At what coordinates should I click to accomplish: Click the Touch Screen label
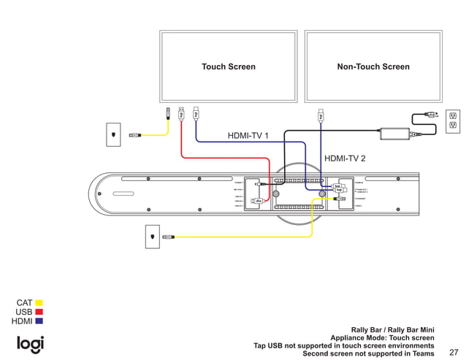click(229, 66)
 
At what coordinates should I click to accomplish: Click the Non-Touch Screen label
click(373, 66)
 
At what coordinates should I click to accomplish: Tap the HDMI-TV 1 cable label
click(248, 136)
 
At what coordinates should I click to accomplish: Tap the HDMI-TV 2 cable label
click(345, 158)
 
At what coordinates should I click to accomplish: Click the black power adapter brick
click(395, 134)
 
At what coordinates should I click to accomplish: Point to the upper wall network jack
click(114, 134)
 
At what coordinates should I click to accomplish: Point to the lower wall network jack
click(152, 237)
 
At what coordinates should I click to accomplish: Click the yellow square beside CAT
click(39, 302)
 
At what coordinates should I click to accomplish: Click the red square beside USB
click(39, 312)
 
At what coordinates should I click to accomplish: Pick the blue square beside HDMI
click(39, 321)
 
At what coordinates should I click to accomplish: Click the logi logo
click(30, 343)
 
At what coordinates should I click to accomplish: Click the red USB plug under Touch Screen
click(182, 113)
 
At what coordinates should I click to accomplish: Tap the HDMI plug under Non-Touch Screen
click(320, 115)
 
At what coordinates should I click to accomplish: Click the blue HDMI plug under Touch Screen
click(196, 113)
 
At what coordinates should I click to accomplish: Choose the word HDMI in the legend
click(22, 321)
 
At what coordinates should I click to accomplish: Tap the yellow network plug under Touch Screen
click(169, 113)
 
